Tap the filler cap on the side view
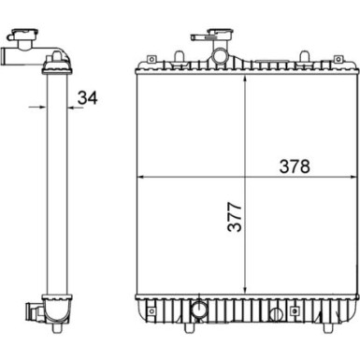(x=20, y=39)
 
